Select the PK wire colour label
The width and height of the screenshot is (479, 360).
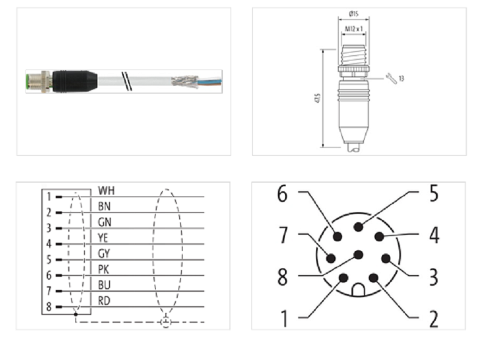(x=104, y=269)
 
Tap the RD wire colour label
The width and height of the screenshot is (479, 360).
(x=104, y=300)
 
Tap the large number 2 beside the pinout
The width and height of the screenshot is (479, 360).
(x=433, y=317)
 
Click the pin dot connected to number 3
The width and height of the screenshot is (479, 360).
(x=386, y=259)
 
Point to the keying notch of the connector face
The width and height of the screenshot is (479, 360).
(x=359, y=290)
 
